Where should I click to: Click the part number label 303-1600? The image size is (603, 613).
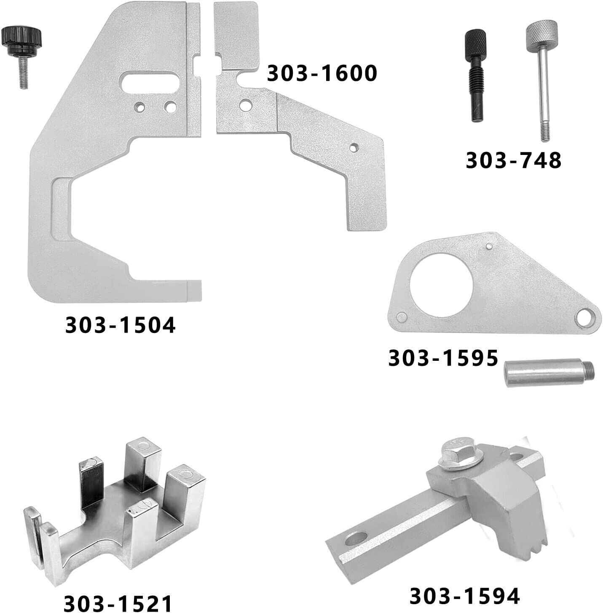322,73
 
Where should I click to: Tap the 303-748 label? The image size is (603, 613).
514,160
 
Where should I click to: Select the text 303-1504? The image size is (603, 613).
121,325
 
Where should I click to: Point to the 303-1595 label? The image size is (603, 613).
443,358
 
